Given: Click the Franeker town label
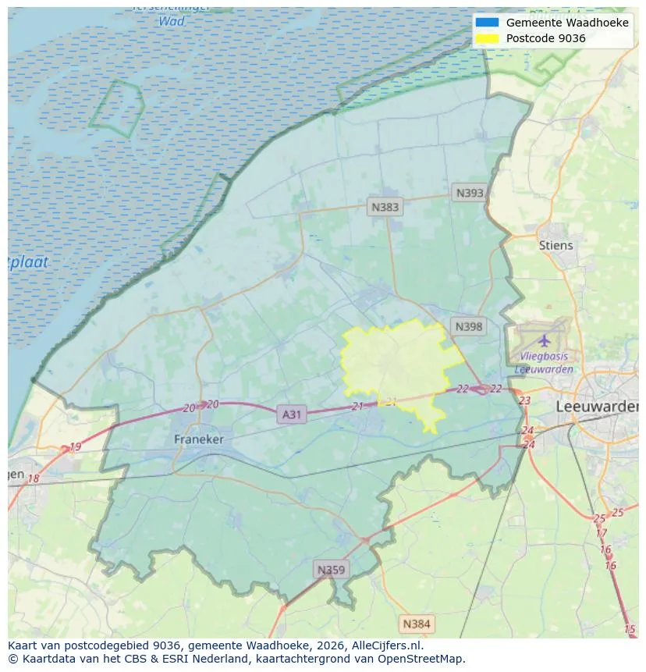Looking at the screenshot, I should coord(198,439).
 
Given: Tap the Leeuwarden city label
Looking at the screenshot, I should coord(597,407).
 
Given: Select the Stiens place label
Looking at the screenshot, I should coord(555,245).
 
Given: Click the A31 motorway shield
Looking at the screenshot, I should coord(291,414).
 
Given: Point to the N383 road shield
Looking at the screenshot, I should coord(385,207).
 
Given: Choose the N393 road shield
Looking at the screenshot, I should coord(470,193).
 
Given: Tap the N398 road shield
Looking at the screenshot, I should coord(468,326).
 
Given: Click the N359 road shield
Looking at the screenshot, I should coord(330,570).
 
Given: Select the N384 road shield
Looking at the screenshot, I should coord(416,624).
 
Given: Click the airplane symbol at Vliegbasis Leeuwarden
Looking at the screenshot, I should coord(544,340).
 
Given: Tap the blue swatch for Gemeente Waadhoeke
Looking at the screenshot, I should coord(487,23).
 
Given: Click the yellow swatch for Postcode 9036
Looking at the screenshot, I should coord(487,38).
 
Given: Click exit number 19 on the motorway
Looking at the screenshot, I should coord(75,447).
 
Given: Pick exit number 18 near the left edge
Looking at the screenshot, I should coord(34,478).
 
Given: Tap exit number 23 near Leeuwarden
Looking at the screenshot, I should coord(524,400).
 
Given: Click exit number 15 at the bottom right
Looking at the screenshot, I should coord(630,629).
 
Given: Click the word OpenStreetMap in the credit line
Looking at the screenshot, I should coord(424,659).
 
